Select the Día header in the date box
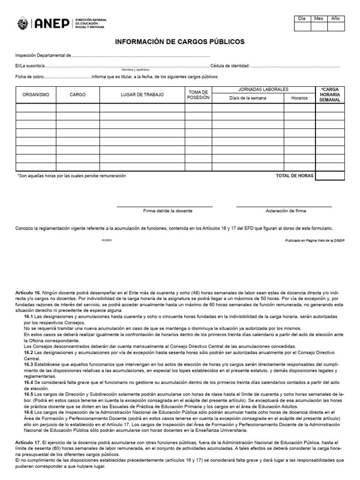pos(302,18)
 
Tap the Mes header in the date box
pos(319,18)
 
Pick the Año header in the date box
pos(336,18)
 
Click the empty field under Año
pos(336,27)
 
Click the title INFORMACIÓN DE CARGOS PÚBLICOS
pos(180,42)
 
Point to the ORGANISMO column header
pos(36,95)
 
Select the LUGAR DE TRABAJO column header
pos(142,95)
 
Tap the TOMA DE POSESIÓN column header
pos(198,95)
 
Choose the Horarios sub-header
pos(299,98)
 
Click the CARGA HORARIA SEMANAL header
pos(330,95)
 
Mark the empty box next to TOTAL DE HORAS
pos(330,176)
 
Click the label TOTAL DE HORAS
pos(294,176)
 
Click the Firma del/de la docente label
pos(168,211)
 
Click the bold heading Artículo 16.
pos(29,292)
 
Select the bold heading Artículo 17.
pos(29,442)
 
